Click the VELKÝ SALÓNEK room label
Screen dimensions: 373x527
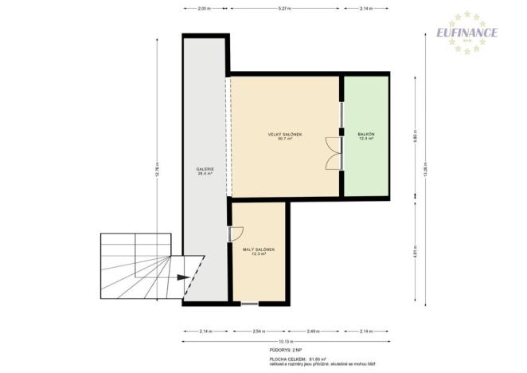point(284,134)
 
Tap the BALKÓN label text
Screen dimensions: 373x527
point(367,134)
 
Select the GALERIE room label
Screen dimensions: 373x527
point(205,169)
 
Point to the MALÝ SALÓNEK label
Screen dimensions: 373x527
point(259,249)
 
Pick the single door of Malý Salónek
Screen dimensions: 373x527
point(235,234)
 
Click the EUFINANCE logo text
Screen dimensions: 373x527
point(466,33)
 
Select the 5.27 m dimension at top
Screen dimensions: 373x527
point(284,9)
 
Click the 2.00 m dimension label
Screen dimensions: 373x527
point(204,9)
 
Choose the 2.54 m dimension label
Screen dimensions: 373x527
point(257,330)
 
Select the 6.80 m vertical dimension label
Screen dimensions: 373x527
point(415,136)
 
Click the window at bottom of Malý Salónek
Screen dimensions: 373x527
point(249,304)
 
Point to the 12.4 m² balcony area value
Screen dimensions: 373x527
point(367,139)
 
